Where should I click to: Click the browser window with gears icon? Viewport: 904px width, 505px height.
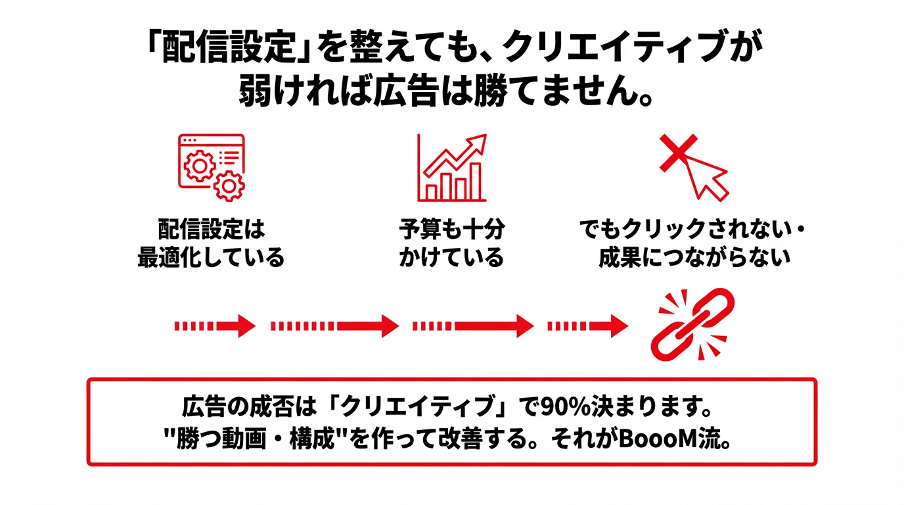click(211, 167)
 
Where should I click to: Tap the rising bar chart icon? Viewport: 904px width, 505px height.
click(451, 168)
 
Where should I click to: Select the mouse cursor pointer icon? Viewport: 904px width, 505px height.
click(706, 177)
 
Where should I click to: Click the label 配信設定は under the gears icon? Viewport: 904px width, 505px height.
click(211, 230)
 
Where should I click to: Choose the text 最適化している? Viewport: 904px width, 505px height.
click(211, 257)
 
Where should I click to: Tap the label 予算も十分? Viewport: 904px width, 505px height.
click(451, 230)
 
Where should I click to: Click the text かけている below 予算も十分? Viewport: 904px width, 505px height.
click(451, 257)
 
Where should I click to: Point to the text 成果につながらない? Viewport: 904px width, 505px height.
click(694, 257)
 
